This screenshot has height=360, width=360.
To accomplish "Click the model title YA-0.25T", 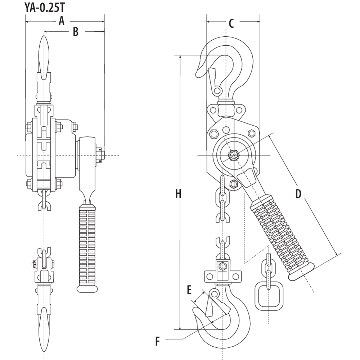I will (46, 8).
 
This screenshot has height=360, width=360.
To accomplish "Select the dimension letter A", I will (62, 21).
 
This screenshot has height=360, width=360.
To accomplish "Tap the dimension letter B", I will (76, 32).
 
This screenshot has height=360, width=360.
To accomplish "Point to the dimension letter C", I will (231, 23).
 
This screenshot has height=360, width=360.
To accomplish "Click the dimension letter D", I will (298, 194).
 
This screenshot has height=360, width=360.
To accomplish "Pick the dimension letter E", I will (189, 290).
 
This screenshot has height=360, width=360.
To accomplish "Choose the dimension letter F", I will (157, 341).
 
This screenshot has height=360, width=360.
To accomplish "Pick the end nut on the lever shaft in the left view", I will (100, 155).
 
